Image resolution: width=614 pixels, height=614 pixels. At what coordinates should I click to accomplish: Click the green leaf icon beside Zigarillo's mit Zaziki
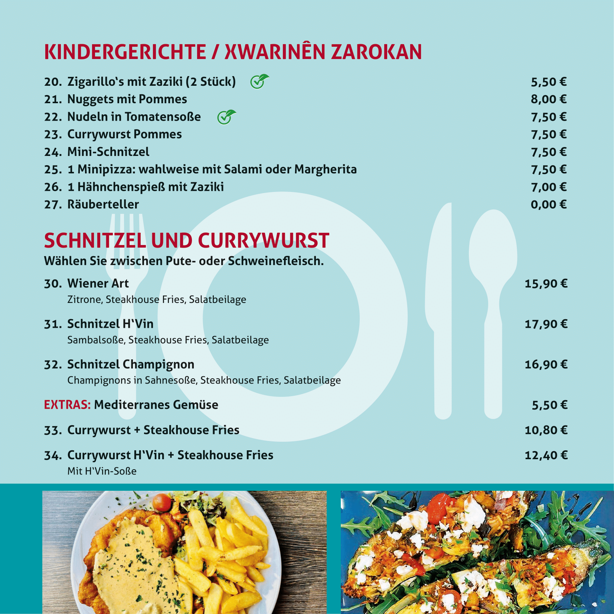coord(259,81)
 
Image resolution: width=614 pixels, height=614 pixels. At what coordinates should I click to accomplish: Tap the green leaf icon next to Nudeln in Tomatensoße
coord(226,117)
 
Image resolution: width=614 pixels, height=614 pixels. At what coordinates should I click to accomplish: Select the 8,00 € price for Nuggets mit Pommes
coord(548,99)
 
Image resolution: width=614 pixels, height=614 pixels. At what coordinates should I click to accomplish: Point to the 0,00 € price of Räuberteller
coord(548,205)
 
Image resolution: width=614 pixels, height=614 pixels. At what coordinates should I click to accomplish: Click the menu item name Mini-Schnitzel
coord(108,152)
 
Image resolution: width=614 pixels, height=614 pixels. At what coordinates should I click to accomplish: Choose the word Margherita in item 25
coord(325,169)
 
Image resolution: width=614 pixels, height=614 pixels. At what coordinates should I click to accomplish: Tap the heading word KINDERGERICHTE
coord(125,52)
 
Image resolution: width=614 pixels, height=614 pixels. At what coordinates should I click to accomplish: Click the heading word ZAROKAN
coord(376,52)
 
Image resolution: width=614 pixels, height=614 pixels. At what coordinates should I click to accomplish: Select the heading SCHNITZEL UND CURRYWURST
coord(186,241)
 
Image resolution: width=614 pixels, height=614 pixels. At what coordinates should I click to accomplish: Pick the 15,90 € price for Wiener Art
coord(546,284)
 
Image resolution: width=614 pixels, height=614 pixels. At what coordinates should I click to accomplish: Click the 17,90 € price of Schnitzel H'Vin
coord(546,324)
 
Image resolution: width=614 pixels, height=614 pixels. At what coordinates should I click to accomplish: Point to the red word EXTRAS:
coord(67,405)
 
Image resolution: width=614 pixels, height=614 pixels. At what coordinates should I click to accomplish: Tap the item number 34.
coord(53,455)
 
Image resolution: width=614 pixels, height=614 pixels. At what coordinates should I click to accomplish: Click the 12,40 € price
coord(546,455)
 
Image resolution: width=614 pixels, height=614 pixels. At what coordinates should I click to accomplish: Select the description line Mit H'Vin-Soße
coord(102,471)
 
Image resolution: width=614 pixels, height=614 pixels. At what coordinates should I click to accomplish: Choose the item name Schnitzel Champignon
coord(131,365)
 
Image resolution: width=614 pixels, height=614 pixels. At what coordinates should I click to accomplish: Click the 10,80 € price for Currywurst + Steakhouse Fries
coord(546,430)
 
